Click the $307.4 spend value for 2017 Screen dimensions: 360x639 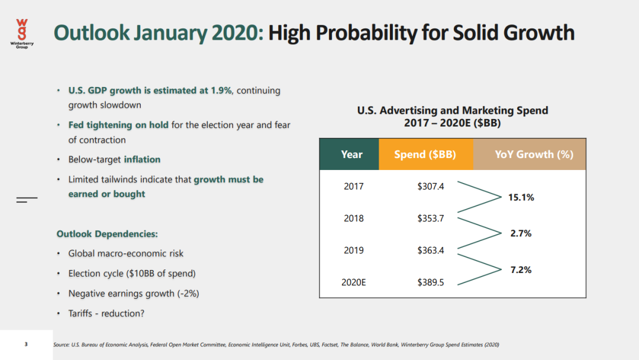[430, 186]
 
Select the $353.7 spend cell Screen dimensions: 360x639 [430, 218]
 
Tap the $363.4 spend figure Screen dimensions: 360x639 [430, 250]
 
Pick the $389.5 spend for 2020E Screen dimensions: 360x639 [430, 282]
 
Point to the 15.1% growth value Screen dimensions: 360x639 [521, 197]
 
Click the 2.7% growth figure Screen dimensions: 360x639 [521, 233]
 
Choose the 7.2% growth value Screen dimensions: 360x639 [521, 269]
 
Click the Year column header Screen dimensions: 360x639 [351, 154]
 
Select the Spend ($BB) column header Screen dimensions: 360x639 [425, 154]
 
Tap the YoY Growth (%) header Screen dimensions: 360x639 [534, 154]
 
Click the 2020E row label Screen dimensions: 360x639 [354, 282]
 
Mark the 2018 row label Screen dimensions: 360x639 [354, 218]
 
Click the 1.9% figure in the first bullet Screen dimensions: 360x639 [221, 91]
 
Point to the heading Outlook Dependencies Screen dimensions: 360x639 [107, 234]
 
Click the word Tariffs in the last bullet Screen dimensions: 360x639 [80, 313]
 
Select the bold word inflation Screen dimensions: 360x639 [142, 159]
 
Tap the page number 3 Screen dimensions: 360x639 [26, 344]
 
